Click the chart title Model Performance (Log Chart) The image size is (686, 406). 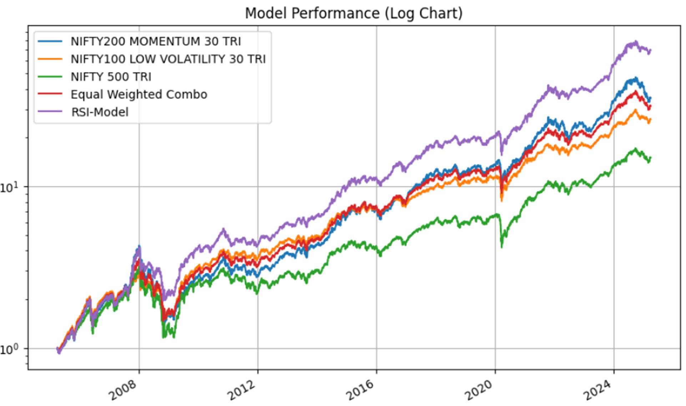coord(353,14)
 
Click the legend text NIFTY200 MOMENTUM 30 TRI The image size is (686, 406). coord(156,41)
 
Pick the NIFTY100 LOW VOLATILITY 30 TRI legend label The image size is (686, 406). coord(168,59)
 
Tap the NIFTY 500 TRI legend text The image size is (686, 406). coord(111,77)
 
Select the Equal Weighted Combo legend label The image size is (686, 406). coord(139,94)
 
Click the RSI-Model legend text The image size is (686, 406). coord(100,112)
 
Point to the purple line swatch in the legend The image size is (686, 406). coord(50,112)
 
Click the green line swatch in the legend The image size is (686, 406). coord(50,77)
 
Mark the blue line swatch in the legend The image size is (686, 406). coord(50,41)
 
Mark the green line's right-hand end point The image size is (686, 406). coord(650,158)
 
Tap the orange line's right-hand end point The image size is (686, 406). coord(650,119)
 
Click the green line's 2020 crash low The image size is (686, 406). coord(502,247)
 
